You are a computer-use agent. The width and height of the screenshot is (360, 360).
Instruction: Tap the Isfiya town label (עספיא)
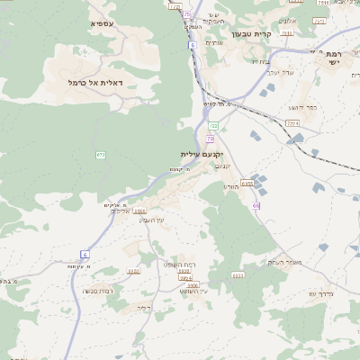(x=102, y=22)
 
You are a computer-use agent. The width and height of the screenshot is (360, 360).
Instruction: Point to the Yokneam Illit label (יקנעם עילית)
(x=201, y=154)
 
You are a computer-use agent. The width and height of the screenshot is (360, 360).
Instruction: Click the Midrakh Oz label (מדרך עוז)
(x=320, y=294)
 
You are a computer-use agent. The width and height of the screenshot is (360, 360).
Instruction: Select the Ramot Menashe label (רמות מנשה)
(x=97, y=291)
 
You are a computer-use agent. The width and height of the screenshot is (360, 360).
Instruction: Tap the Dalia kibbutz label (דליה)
(x=142, y=308)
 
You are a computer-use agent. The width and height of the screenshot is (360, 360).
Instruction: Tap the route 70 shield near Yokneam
(x=210, y=139)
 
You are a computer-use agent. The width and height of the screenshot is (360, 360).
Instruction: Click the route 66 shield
(x=256, y=206)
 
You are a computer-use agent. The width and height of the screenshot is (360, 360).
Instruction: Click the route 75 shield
(x=186, y=14)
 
